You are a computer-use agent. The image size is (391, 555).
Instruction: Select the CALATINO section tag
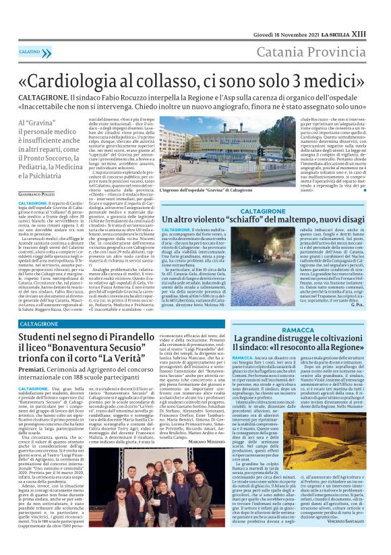(x=30, y=51)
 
